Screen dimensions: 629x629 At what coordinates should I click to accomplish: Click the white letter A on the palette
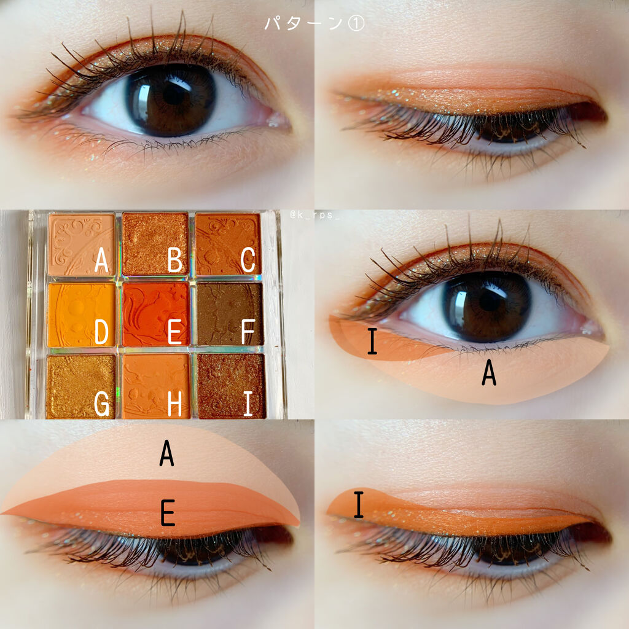tap(101, 260)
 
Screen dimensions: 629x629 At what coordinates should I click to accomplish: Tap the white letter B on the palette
tap(175, 260)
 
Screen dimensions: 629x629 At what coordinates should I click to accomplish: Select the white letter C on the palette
tap(248, 260)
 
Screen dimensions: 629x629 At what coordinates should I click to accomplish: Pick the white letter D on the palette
tap(101, 332)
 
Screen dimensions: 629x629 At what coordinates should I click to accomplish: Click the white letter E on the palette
tap(175, 332)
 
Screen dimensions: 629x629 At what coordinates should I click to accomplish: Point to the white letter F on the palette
tap(248, 332)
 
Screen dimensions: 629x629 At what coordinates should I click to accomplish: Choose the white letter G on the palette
tap(101, 404)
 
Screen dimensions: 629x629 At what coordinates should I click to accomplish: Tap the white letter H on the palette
tap(175, 404)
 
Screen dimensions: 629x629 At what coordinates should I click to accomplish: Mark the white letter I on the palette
tap(248, 404)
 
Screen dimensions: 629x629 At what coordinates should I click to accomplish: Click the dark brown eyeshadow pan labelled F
tap(230, 314)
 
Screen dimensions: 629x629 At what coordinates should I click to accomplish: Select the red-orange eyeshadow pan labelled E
tap(156, 314)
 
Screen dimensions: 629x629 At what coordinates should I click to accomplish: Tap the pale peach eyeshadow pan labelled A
tap(82, 244)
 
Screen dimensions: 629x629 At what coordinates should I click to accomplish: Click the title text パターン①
tap(314, 23)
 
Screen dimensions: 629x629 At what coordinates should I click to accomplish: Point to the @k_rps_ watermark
tap(315, 216)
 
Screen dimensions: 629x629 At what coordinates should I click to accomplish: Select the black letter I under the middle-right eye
tap(372, 341)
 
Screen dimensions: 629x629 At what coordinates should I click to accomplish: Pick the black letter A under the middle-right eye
tap(489, 373)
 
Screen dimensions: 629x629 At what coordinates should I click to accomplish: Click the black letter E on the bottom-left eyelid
tap(168, 513)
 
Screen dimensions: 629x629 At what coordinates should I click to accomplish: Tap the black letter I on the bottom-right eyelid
tap(359, 504)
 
